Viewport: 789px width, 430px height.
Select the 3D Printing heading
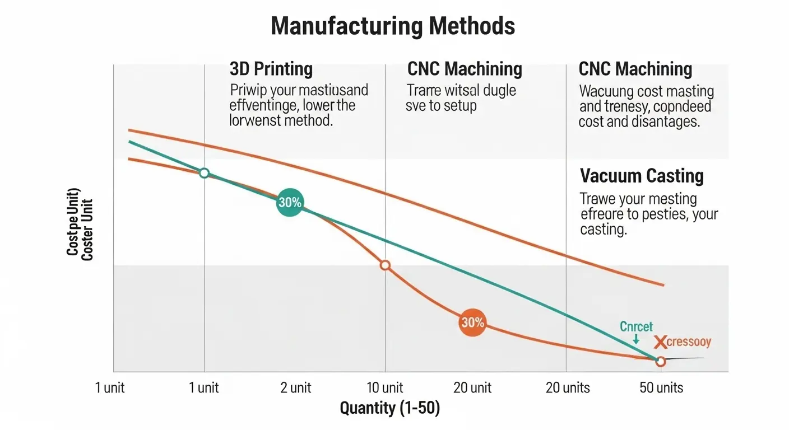coord(271,69)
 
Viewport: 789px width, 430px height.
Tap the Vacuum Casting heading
coord(642,176)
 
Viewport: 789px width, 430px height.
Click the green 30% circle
coord(290,203)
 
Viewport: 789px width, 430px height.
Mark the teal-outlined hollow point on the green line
coord(205,173)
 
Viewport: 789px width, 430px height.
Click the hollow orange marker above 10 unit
coord(385,265)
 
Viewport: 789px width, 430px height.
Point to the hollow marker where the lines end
coord(660,362)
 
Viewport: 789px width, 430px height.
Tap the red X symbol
coord(661,342)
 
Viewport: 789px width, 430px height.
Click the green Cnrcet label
coord(636,327)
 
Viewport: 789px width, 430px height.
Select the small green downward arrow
coord(635,339)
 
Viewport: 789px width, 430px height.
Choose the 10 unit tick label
coord(384,388)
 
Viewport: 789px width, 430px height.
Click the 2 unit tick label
coord(295,388)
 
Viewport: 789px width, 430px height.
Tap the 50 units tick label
coord(661,388)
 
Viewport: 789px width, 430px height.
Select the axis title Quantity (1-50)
coord(390,409)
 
